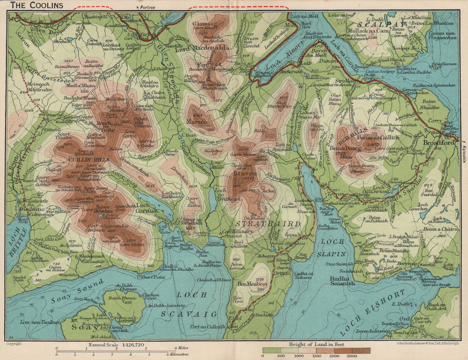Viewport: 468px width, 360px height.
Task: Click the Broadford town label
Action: [x=439, y=142]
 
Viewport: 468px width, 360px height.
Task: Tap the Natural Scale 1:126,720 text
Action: [x=115, y=345]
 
